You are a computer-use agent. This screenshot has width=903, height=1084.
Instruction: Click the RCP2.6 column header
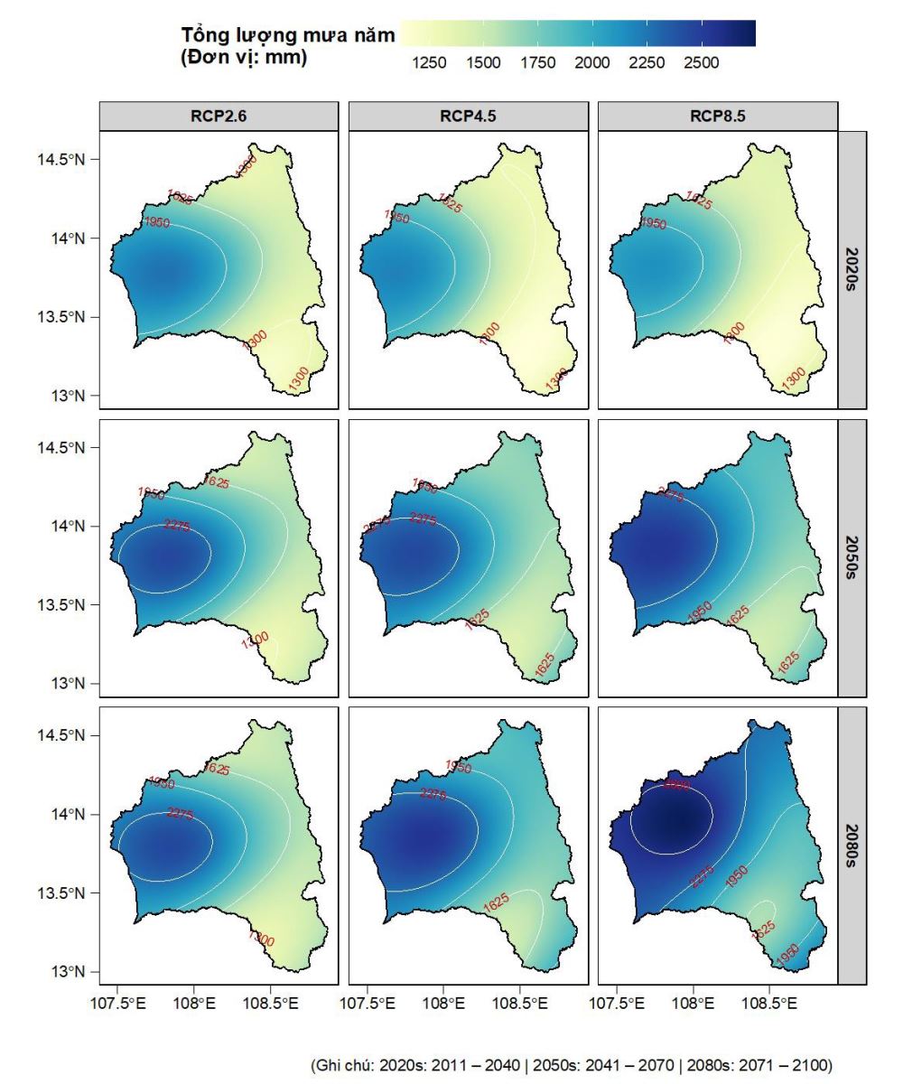point(219,117)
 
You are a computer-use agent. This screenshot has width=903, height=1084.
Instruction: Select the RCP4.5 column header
point(468,117)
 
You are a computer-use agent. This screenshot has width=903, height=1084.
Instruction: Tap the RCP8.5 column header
point(718,117)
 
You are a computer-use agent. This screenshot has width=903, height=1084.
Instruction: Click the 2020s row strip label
point(853,269)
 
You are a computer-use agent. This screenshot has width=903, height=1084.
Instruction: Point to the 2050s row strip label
point(853,557)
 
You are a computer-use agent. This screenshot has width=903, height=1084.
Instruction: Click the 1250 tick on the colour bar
point(428,63)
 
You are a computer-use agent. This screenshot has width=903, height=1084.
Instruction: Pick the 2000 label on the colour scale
point(592,63)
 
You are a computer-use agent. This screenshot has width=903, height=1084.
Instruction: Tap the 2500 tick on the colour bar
point(702,63)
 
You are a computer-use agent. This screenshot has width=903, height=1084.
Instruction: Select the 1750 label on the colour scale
point(537,63)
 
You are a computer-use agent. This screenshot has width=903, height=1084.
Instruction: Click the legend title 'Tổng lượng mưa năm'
point(288,35)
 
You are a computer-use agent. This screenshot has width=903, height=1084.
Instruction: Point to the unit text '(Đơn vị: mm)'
point(244,58)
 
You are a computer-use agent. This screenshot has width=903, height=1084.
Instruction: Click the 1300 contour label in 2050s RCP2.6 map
point(255,640)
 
